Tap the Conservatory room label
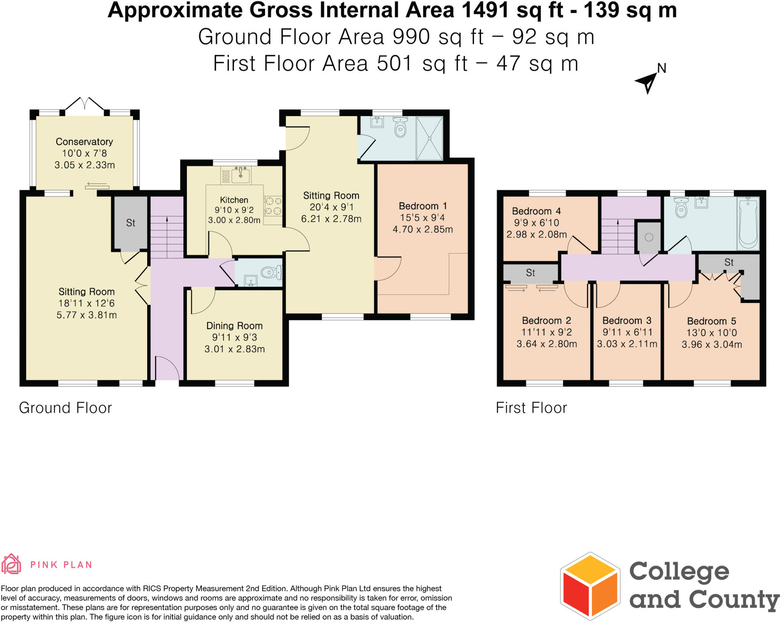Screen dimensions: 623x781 [x=84, y=142]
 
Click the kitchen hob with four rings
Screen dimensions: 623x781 [x=273, y=206]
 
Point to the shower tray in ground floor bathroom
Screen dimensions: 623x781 [x=429, y=138]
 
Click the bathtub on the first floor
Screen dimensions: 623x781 [x=748, y=223]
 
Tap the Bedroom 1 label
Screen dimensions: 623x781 [x=423, y=206]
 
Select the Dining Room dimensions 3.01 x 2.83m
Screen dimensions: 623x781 [x=235, y=349]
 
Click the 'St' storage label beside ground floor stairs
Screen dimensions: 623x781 [x=130, y=223]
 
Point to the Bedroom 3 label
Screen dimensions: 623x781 [x=627, y=320]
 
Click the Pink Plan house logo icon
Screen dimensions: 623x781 [x=11, y=564]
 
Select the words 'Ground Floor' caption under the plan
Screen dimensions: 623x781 [x=65, y=408]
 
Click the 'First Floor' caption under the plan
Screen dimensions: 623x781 [x=531, y=408]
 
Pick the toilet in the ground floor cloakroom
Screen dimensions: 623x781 [x=271, y=272]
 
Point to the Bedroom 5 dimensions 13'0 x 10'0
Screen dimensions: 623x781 [x=712, y=333]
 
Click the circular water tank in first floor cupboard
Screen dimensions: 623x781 [x=649, y=237]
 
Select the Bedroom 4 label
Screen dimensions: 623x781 [x=536, y=211]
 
